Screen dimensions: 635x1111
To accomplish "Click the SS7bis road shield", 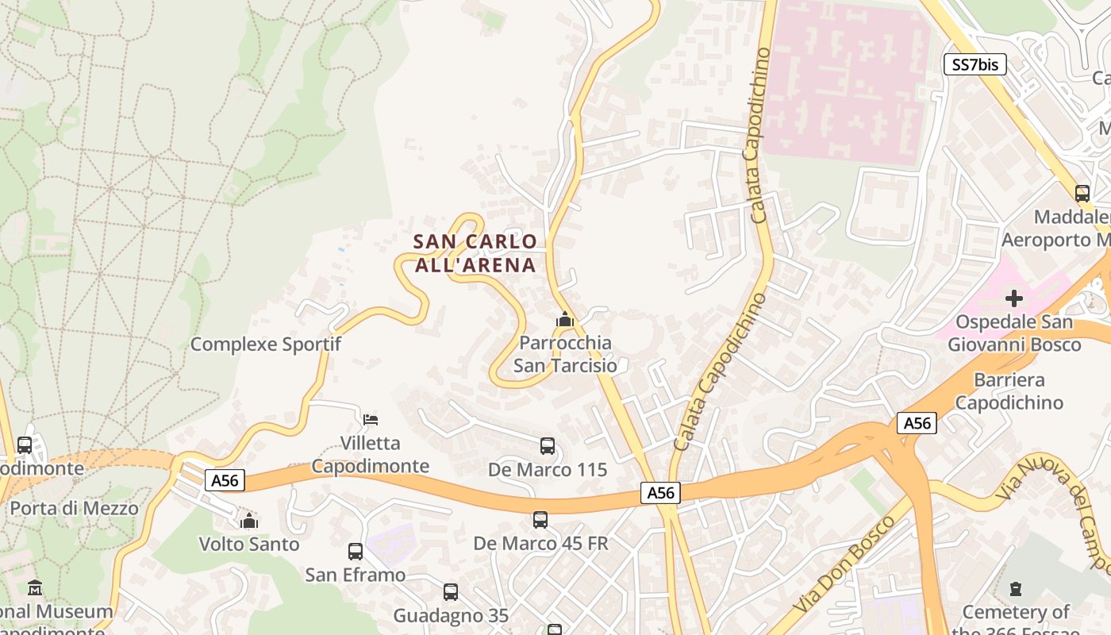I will [975, 65].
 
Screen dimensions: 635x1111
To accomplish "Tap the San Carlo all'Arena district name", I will [475, 253].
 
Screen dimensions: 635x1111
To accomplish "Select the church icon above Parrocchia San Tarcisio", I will [565, 319].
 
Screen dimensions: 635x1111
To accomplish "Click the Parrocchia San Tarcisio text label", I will [565, 354].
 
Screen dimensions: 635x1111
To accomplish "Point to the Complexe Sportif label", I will [266, 344].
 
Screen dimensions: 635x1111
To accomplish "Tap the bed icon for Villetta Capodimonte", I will [371, 419].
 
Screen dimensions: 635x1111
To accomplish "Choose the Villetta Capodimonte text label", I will [370, 454].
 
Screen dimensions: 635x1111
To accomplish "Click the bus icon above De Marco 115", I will [548, 445].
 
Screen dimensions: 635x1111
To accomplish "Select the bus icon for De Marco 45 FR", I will [540, 519].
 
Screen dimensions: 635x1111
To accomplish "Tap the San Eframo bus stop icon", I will [356, 551].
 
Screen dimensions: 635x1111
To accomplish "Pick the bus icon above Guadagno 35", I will [451, 591].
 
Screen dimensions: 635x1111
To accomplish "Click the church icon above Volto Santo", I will [249, 521].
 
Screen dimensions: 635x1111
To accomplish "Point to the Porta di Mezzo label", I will [74, 508].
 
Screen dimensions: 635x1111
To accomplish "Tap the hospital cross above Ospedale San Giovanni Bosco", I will [1014, 298].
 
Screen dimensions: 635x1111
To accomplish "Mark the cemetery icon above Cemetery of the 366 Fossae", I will [1016, 589].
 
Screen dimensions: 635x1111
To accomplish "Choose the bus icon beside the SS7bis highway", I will [1082, 193].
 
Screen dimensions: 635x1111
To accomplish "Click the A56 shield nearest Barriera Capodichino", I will [917, 423].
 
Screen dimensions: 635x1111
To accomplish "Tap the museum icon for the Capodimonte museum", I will [35, 588].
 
